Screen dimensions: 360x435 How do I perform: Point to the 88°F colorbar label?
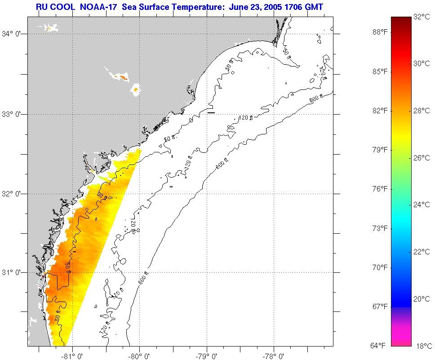(x=380, y=32)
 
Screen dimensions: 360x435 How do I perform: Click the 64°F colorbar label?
(x=380, y=346)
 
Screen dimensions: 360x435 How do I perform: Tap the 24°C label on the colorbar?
(x=422, y=205)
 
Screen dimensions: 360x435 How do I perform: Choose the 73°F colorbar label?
(x=380, y=228)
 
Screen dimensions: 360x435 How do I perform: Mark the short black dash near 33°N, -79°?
(x=211, y=112)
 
